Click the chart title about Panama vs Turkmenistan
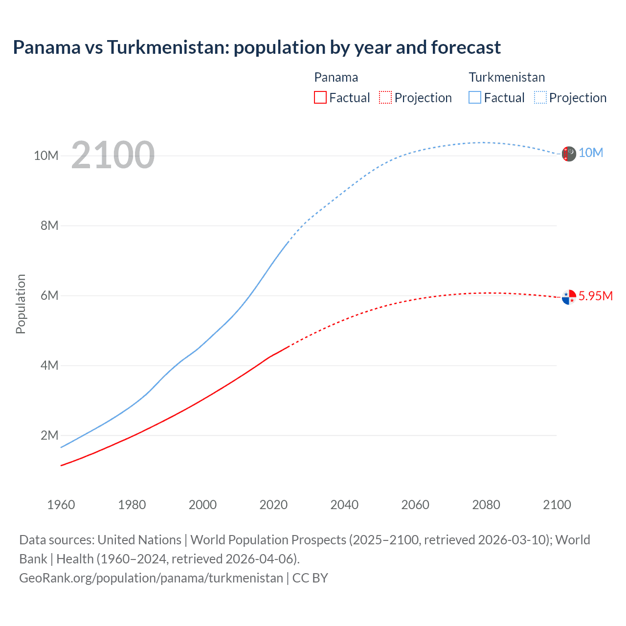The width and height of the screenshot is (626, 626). click(257, 47)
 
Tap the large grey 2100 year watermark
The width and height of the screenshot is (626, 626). click(113, 155)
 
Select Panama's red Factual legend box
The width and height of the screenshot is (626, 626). click(320, 97)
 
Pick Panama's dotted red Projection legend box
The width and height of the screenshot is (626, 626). click(385, 97)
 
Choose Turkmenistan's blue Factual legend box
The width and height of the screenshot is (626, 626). click(475, 97)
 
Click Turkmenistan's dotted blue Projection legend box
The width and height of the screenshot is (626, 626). click(540, 97)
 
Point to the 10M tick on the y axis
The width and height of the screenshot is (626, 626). click(46, 156)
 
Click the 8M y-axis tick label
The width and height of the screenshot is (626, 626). click(49, 225)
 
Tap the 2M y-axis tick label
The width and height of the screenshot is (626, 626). click(49, 435)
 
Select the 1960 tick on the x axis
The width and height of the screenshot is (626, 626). click(61, 505)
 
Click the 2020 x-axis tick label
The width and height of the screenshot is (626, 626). click(273, 505)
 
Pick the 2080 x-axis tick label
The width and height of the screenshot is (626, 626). click(486, 505)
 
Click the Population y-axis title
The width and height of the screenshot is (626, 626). click(21, 304)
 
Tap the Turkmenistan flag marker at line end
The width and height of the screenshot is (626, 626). click(569, 154)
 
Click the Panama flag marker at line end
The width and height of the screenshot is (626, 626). click(569, 297)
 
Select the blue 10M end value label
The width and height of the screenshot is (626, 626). click(591, 153)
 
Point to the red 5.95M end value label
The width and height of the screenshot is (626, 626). click(595, 296)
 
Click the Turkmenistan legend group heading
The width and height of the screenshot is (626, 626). click(507, 77)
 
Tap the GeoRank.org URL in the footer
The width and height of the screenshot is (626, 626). click(151, 578)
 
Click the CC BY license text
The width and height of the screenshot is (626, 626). click(310, 578)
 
